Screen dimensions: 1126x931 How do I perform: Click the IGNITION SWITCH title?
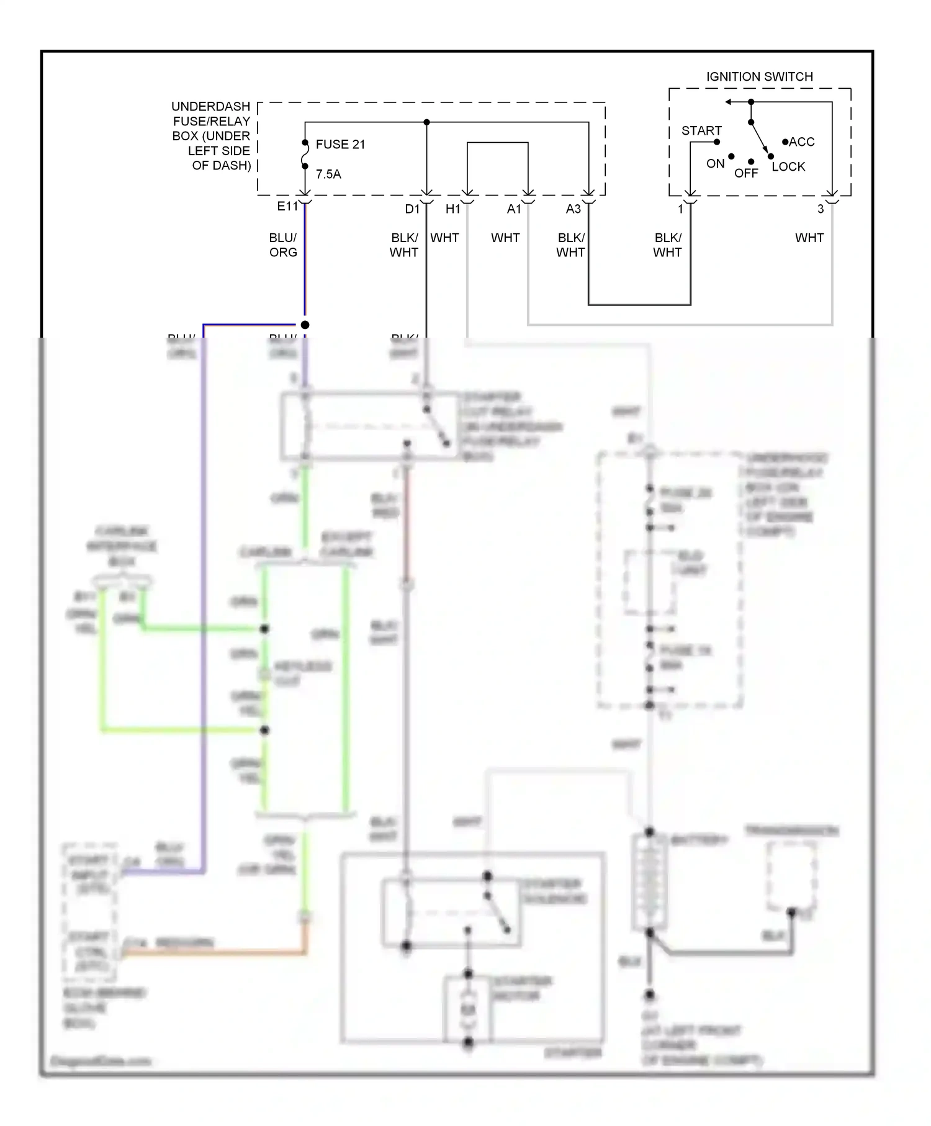pyautogui.click(x=759, y=77)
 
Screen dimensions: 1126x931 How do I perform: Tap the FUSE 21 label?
pyautogui.click(x=340, y=145)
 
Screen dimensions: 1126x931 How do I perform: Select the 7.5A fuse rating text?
pyautogui.click(x=328, y=174)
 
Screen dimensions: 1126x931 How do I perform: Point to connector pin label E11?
pyautogui.click(x=287, y=207)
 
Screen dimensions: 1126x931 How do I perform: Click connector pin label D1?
pyautogui.click(x=412, y=209)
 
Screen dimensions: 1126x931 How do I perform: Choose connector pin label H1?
pyautogui.click(x=453, y=209)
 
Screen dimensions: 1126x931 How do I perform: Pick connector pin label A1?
pyautogui.click(x=514, y=209)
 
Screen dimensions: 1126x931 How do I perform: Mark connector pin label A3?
pyautogui.click(x=573, y=209)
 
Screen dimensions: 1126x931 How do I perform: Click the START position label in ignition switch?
pyautogui.click(x=701, y=131)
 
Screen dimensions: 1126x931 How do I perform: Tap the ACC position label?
pyautogui.click(x=801, y=142)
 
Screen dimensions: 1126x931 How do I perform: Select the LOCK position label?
pyautogui.click(x=788, y=167)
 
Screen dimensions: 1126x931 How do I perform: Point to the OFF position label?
pyautogui.click(x=746, y=174)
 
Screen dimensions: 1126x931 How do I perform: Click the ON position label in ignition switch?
pyautogui.click(x=715, y=164)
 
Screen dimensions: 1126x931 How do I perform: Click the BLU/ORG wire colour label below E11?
pyautogui.click(x=283, y=245)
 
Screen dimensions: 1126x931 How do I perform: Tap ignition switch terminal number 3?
pyautogui.click(x=821, y=209)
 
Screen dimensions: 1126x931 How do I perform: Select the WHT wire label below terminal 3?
pyautogui.click(x=809, y=238)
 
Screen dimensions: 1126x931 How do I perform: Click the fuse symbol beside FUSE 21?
pyautogui.click(x=305, y=155)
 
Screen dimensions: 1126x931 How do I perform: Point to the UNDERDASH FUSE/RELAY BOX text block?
pyautogui.click(x=211, y=136)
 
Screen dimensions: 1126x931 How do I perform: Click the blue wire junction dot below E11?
pyautogui.click(x=305, y=325)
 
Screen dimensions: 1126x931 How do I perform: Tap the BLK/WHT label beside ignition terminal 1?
pyautogui.click(x=667, y=245)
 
